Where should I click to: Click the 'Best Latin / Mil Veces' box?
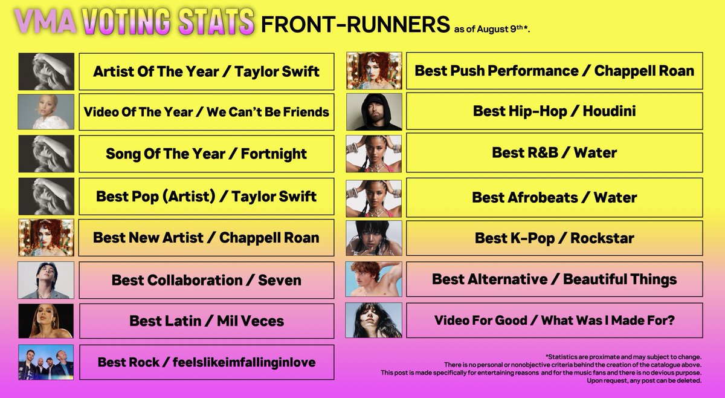pyautogui.click(x=206, y=321)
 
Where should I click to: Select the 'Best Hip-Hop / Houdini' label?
pyautogui.click(x=554, y=111)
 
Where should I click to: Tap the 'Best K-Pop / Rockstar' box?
pyautogui.click(x=554, y=238)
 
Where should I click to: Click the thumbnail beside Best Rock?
pyautogui.click(x=46, y=362)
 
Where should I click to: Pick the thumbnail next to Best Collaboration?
pyautogui.click(x=46, y=279)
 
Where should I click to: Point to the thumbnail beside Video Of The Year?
pyautogui.click(x=46, y=111)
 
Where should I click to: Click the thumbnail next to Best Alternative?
pyautogui.click(x=374, y=279)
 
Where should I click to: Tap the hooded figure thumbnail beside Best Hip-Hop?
pyautogui.click(x=374, y=111)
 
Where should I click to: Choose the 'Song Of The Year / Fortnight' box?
pyautogui.click(x=206, y=154)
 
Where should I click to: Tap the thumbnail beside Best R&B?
pyautogui.click(x=374, y=154)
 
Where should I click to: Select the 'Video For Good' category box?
pyautogui.click(x=554, y=321)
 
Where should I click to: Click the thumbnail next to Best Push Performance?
pyautogui.click(x=374, y=70)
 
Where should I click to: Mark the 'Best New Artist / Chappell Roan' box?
pyautogui.click(x=206, y=237)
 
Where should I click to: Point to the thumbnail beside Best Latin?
pyautogui.click(x=46, y=321)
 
